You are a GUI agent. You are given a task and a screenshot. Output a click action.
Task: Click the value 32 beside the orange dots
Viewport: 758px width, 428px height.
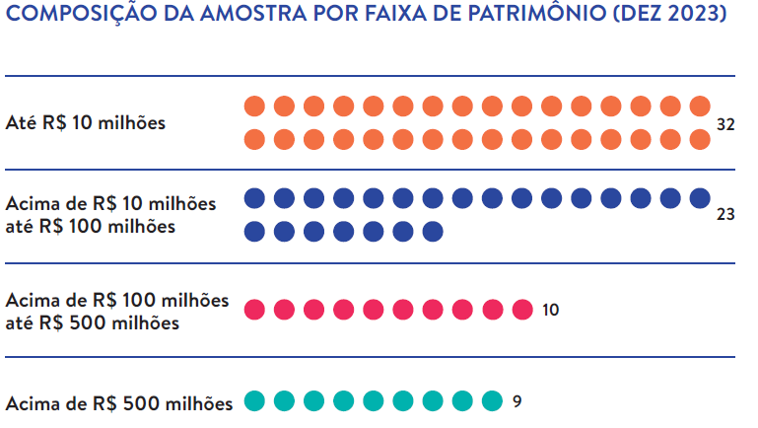pos(726,124)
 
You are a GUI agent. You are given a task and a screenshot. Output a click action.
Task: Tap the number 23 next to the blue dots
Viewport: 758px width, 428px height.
pos(726,213)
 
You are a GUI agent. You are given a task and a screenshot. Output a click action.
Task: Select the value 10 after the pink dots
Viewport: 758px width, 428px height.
pos(550,310)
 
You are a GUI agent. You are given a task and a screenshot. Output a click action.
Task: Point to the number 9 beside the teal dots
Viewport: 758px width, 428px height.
pos(517,401)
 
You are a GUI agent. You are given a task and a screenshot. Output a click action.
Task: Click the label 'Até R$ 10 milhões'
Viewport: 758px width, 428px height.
pos(86,124)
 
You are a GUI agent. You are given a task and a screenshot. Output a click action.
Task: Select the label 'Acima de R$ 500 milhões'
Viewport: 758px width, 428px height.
pos(119,403)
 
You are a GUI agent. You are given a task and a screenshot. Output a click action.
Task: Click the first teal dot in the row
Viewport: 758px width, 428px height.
pos(254,401)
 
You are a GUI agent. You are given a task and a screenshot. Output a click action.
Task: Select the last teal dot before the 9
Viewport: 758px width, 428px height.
pos(492,401)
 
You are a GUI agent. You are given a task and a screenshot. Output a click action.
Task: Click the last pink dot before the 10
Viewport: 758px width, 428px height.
pos(521,310)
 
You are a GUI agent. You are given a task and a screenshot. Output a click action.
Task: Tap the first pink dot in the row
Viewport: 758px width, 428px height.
pos(254,310)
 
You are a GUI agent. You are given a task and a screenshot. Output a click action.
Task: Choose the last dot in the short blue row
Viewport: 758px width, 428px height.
pos(432,232)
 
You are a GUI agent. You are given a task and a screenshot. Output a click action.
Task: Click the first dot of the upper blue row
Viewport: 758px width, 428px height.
pos(254,197)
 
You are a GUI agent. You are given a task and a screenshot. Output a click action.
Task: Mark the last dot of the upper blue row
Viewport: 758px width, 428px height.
pos(700,197)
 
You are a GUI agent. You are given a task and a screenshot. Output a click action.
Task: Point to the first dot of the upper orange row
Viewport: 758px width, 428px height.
pos(254,107)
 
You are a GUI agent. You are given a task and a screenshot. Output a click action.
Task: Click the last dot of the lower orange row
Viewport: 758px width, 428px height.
pos(700,139)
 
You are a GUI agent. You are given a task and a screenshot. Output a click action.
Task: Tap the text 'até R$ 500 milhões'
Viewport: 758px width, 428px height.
pos(93,321)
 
